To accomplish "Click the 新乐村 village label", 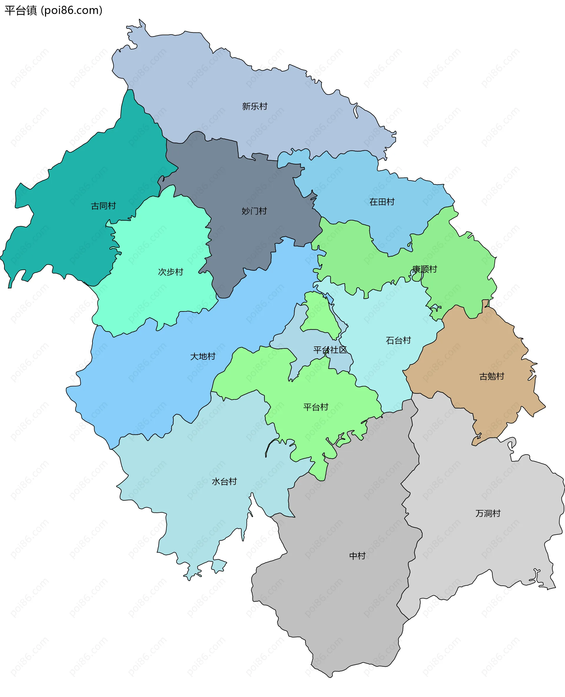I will pos(255,107).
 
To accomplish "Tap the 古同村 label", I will pos(103,206).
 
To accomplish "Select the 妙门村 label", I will pos(254,211).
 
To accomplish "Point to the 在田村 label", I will pos(382,202).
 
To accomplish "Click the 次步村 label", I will pos(171,272).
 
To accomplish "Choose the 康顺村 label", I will pos(424,269).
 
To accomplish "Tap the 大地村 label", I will pos(203,356).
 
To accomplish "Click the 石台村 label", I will pos(398,341).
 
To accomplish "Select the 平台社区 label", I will pos(330,350).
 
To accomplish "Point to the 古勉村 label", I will pos(491,377).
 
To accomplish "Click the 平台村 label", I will pos(316,407).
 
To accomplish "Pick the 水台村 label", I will pos(224,482).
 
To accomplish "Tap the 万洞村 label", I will pos(488,513).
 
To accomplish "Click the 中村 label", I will pos(357,556).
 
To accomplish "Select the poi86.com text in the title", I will pos(72,11).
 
